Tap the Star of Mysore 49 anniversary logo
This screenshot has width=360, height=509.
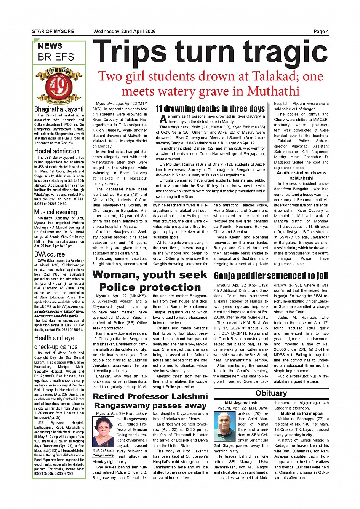click(59, 86)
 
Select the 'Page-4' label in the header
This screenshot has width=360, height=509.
click(321, 32)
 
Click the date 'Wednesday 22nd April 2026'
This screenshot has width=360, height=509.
click(124, 32)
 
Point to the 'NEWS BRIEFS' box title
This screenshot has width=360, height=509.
click(56, 52)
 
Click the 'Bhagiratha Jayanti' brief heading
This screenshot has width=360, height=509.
click(59, 109)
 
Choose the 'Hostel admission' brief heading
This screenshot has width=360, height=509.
click(57, 151)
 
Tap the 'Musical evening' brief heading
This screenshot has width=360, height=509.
click(55, 212)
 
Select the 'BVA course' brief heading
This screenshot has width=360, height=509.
click(50, 254)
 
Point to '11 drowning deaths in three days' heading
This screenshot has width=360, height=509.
click(210, 109)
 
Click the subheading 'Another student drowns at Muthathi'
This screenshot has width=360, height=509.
click(301, 175)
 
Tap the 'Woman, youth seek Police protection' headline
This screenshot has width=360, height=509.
click(150, 281)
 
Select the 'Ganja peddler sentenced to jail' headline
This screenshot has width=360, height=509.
click(271, 276)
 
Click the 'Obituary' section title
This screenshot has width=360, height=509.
click(271, 393)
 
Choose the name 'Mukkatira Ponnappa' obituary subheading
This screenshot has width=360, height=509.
click(301, 413)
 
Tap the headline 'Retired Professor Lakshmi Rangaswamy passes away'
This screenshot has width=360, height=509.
click(150, 401)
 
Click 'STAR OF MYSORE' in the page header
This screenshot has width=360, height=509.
click(53, 32)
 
